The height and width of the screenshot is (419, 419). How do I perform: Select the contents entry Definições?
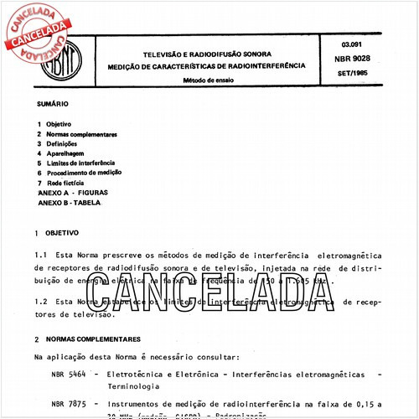(x=63, y=144)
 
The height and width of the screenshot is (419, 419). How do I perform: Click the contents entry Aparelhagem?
(x=66, y=153)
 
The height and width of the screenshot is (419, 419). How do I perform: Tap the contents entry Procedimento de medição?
(x=84, y=173)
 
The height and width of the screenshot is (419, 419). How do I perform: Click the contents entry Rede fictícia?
(x=68, y=182)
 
